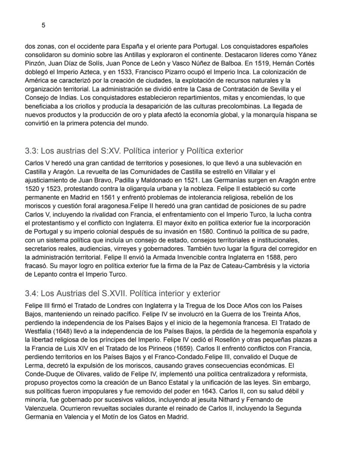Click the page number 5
coord(43,25)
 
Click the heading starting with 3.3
coord(134,151)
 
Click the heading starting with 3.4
coord(123,293)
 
